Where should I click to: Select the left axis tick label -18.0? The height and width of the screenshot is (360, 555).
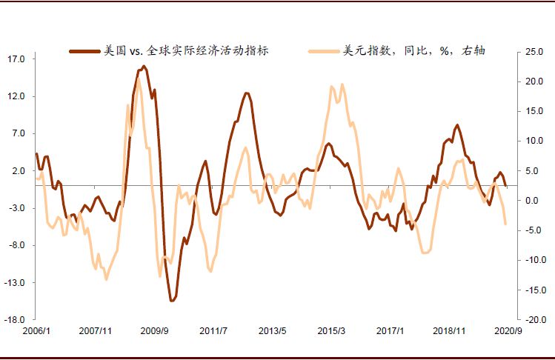point(16,320)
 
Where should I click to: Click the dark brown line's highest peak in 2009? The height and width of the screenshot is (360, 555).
point(143,67)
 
